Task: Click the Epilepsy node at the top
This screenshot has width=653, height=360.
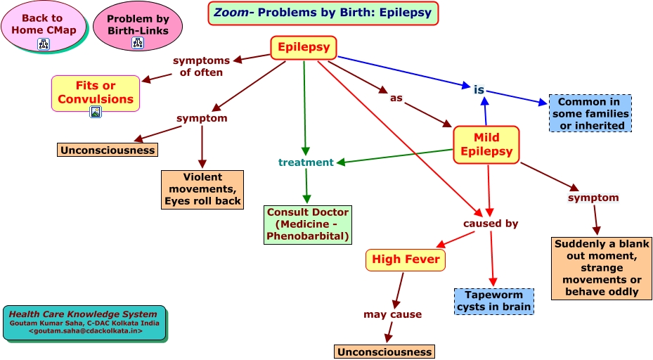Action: click(304, 48)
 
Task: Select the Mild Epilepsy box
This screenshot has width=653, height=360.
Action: click(486, 145)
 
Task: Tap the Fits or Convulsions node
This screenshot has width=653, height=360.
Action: click(96, 92)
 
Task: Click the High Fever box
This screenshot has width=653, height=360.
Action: click(406, 259)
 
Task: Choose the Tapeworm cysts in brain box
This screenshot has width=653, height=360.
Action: click(494, 301)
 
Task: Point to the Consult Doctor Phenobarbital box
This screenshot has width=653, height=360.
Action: click(307, 224)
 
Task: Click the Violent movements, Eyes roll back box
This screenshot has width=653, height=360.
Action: click(202, 190)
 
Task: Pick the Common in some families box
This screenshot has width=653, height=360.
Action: click(590, 114)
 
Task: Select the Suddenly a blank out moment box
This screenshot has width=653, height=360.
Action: click(602, 268)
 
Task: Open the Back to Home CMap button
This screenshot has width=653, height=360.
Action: click(42, 25)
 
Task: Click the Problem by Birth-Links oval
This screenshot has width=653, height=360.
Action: click(137, 25)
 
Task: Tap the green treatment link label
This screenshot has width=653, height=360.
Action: click(306, 162)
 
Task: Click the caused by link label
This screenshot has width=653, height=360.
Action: click(491, 224)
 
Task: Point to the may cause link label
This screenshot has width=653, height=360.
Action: click(392, 314)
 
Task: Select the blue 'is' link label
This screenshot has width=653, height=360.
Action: click(479, 89)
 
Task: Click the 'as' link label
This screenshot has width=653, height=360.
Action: click(396, 98)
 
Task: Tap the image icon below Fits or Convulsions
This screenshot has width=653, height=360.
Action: click(96, 112)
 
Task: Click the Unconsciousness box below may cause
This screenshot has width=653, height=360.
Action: click(384, 352)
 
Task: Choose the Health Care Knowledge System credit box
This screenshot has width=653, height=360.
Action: click(85, 321)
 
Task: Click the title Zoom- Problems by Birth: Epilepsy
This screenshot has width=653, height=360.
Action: click(323, 13)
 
